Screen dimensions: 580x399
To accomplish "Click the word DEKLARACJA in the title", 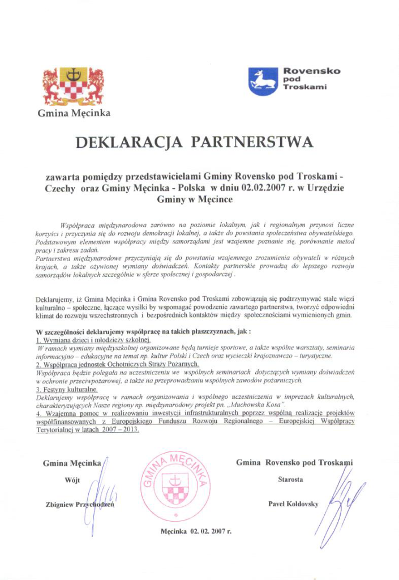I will pyautogui.click(x=128, y=142).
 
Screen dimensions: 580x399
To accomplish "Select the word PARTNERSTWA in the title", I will pyautogui.click(x=252, y=142).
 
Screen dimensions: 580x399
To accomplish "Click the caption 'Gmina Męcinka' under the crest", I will pyautogui.click(x=74, y=113).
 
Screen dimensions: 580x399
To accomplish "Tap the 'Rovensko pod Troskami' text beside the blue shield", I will pyautogui.click(x=311, y=79).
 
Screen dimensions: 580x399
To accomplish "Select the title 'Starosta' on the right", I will pyautogui.click(x=290, y=479).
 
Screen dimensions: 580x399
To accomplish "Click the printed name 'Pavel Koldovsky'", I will pyautogui.click(x=293, y=504).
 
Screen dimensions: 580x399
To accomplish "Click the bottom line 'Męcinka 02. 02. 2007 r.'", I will pyautogui.click(x=196, y=532).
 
